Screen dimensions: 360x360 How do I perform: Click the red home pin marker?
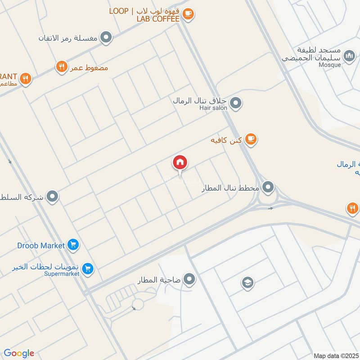180,162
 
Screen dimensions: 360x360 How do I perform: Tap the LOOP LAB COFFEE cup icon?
189,15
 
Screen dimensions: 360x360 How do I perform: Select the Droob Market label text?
41,245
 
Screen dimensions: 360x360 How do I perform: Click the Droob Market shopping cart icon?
73,245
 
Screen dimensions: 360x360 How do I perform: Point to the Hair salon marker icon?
235,104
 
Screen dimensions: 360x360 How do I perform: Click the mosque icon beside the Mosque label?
349,57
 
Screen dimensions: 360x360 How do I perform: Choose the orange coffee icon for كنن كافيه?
251,140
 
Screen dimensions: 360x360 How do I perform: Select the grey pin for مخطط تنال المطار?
268,186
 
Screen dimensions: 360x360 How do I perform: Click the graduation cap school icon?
247,283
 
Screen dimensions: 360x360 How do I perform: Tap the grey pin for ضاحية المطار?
189,279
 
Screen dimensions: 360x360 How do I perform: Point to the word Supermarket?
62,274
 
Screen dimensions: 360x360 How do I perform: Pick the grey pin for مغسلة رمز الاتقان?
106,37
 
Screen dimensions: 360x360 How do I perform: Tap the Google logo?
19,353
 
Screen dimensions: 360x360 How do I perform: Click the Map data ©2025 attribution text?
336,355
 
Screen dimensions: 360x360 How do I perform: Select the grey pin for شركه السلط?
53,197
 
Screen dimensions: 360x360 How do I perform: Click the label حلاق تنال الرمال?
201,100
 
